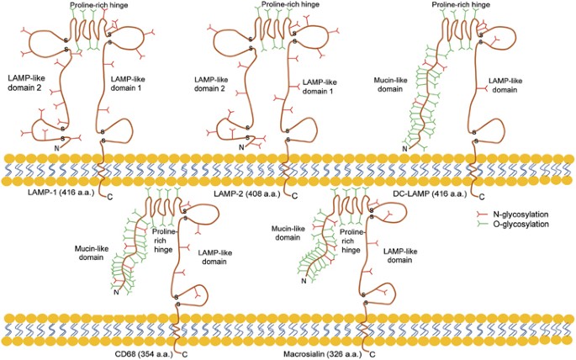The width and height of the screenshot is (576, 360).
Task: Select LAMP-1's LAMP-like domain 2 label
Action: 29,83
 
